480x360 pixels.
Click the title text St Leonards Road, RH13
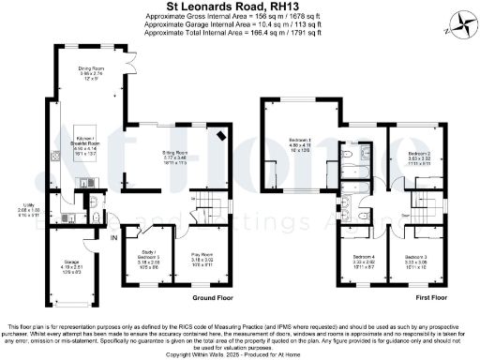pyautogui.click(x=241, y=7)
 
